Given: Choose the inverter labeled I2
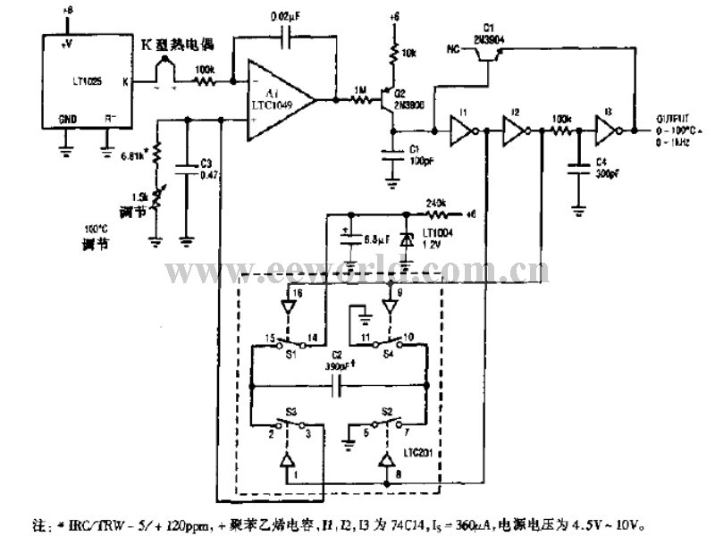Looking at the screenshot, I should tap(514, 131).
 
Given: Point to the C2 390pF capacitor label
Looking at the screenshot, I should tap(342, 362).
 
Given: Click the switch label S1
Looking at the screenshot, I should tap(290, 354).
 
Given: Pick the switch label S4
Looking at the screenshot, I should tap(389, 354).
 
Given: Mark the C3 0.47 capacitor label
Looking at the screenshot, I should tap(206, 170).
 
